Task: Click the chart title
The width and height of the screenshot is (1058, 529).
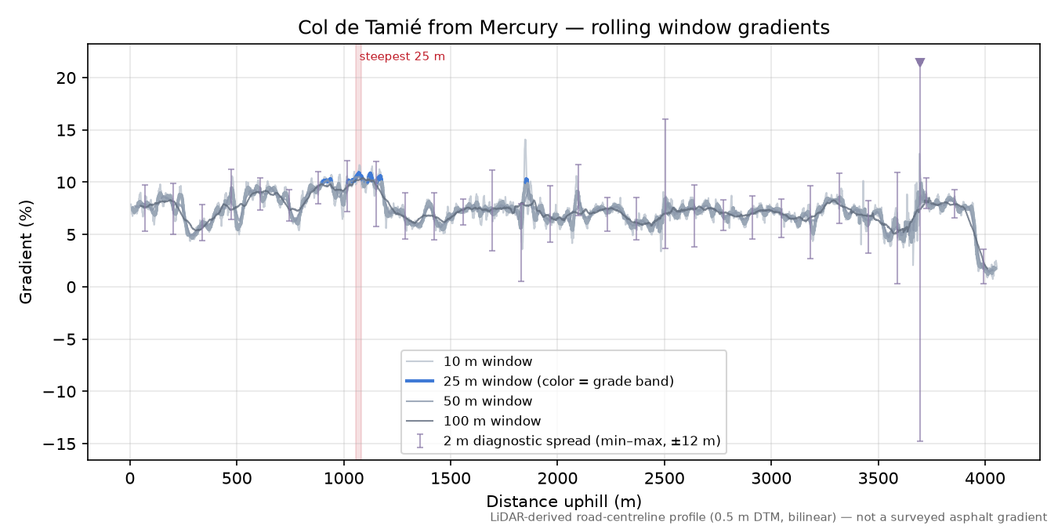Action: (x=563, y=27)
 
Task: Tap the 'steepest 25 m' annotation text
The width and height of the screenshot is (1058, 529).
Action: (x=402, y=56)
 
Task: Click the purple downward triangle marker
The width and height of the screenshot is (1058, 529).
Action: (x=919, y=63)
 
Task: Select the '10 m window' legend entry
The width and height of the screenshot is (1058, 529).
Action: (x=469, y=361)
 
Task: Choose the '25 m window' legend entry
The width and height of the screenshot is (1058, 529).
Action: (x=539, y=381)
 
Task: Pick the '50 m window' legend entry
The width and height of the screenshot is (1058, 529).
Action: (x=469, y=401)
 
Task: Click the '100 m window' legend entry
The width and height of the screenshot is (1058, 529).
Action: (x=473, y=421)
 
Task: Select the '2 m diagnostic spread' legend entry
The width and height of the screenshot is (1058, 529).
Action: (x=563, y=440)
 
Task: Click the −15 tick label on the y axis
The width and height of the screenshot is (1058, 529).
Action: (x=60, y=444)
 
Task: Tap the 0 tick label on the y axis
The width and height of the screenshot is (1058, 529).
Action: (x=71, y=287)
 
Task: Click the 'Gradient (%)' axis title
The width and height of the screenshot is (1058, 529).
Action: (x=26, y=252)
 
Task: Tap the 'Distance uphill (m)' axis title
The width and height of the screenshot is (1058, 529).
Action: (x=563, y=502)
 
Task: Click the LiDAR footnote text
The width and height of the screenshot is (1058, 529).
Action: (x=769, y=517)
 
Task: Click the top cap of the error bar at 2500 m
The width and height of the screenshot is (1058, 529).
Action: (x=665, y=119)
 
